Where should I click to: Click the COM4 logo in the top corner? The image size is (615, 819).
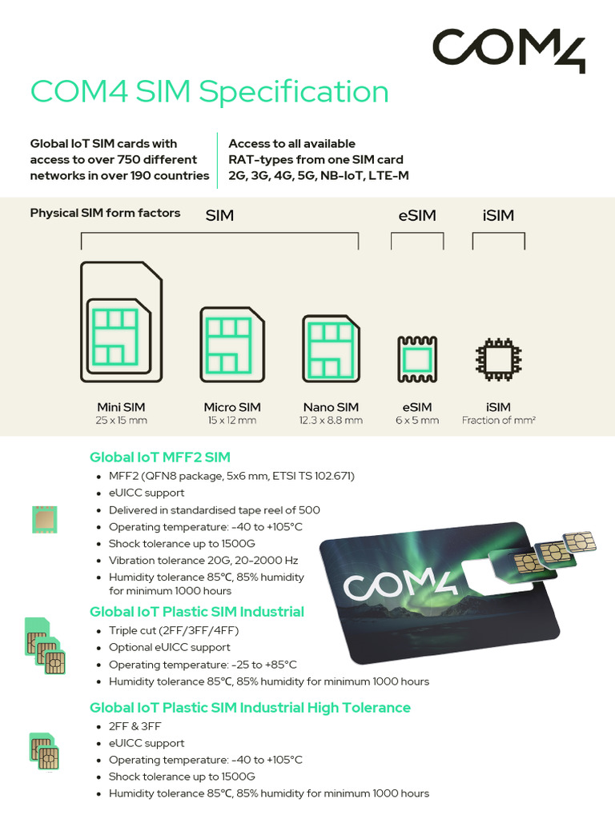509,50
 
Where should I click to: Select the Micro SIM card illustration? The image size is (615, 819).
231,343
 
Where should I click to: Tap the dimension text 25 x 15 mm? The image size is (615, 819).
121,421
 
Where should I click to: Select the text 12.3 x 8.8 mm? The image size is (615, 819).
331,421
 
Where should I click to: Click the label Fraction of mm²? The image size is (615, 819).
498,421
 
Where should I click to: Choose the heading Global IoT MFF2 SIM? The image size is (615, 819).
160,457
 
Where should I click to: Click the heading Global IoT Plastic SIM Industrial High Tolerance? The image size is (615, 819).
250,708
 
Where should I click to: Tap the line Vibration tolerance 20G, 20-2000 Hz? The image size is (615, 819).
203,560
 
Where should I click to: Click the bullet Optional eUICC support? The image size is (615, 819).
170,647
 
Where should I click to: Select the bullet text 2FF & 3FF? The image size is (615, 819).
135,726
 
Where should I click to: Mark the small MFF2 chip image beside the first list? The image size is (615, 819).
45,520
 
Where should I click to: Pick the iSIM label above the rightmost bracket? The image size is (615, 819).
498,216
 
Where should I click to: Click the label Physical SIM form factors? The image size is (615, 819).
105,213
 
